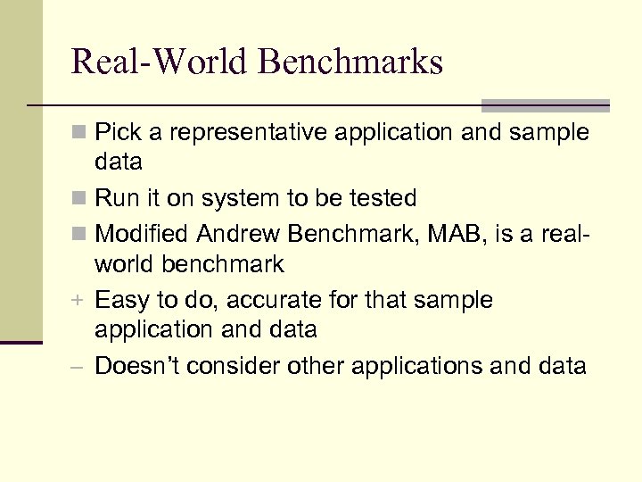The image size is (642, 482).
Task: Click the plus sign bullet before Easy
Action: [x=80, y=301]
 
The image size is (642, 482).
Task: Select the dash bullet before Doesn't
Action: [x=80, y=367]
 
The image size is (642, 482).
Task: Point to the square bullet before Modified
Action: [x=80, y=233]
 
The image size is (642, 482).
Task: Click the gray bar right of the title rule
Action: [x=546, y=104]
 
